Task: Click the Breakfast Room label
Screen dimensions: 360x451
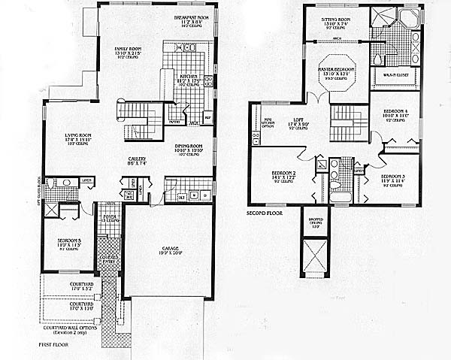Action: click(x=191, y=17)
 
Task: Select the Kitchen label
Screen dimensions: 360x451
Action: click(x=188, y=76)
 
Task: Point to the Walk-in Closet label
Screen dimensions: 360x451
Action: click(x=394, y=74)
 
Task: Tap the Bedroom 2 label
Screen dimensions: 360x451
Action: click(x=284, y=174)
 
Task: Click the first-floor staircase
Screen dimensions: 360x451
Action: click(x=139, y=119)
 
